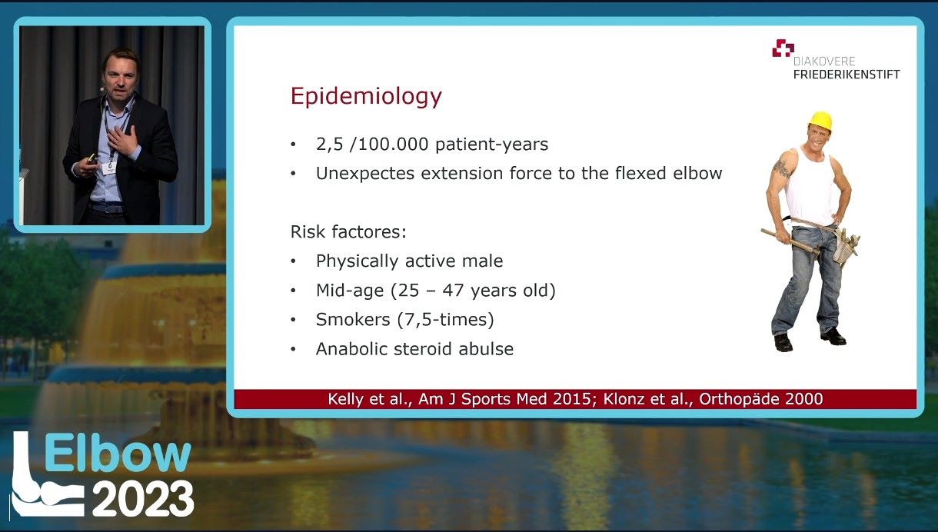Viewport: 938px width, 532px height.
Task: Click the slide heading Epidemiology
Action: tap(366, 97)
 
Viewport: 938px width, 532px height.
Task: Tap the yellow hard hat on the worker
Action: tap(821, 121)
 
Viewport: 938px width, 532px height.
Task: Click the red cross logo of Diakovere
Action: tap(783, 48)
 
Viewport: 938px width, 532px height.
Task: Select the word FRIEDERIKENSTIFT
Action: tap(847, 75)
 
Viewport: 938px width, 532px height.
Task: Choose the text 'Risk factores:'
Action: tap(348, 231)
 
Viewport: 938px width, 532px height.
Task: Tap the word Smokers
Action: tap(353, 319)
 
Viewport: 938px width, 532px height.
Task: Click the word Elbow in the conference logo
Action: tap(118, 453)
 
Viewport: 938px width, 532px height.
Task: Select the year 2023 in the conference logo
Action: tap(143, 498)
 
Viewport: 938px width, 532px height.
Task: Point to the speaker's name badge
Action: tap(109, 168)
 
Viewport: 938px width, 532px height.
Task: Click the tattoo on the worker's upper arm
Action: tap(781, 168)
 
